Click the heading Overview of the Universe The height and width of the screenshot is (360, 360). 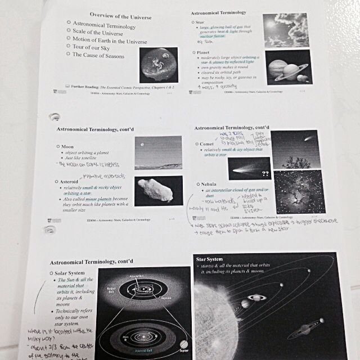point(120,17)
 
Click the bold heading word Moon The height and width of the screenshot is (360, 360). point(75,146)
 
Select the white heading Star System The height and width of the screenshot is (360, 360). point(210,259)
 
